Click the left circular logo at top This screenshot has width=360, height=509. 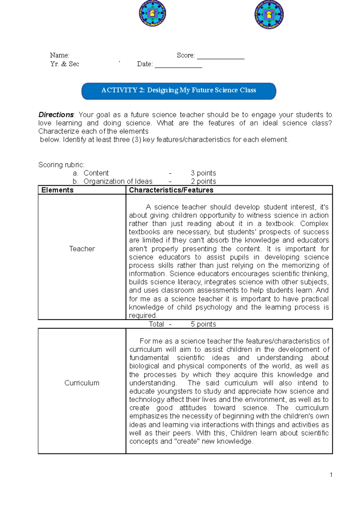[152, 13]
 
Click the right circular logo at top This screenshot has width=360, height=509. [269, 15]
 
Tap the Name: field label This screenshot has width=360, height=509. [59, 55]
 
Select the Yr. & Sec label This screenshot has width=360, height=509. [65, 64]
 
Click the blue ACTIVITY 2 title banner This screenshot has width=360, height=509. [178, 91]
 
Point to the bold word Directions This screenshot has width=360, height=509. [56, 115]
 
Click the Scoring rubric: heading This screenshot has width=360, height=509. [61, 165]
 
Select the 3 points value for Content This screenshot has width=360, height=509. [203, 173]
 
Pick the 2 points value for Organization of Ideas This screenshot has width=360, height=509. [203, 181]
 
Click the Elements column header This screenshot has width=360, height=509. [57, 190]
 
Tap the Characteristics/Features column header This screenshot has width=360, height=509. [171, 190]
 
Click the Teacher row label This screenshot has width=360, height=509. [82, 249]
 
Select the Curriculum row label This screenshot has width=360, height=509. [82, 383]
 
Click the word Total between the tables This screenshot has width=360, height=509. [156, 324]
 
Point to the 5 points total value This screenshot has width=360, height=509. [203, 324]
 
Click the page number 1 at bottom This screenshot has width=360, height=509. [331, 475]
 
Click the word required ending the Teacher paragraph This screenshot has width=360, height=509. [143, 315]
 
